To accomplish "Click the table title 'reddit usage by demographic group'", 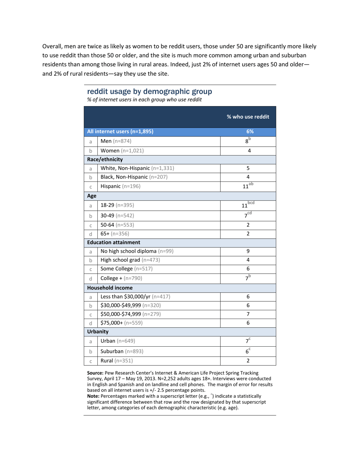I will click(x=149, y=92).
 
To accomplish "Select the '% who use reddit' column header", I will click(x=248, y=117).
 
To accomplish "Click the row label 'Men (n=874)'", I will click(x=116, y=141).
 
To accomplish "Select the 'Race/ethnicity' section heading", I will click(x=105, y=159).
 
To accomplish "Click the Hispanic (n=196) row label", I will click(x=120, y=186).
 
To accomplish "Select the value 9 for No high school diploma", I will click(x=248, y=251).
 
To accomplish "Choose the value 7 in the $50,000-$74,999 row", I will click(x=248, y=314).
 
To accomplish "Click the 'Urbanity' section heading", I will click(x=98, y=332).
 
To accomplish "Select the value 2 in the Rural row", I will click(x=248, y=361).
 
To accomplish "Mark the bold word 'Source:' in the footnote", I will click(x=95, y=373).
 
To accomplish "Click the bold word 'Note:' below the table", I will click(x=93, y=396).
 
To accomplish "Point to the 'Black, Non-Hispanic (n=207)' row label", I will click(x=134, y=177).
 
